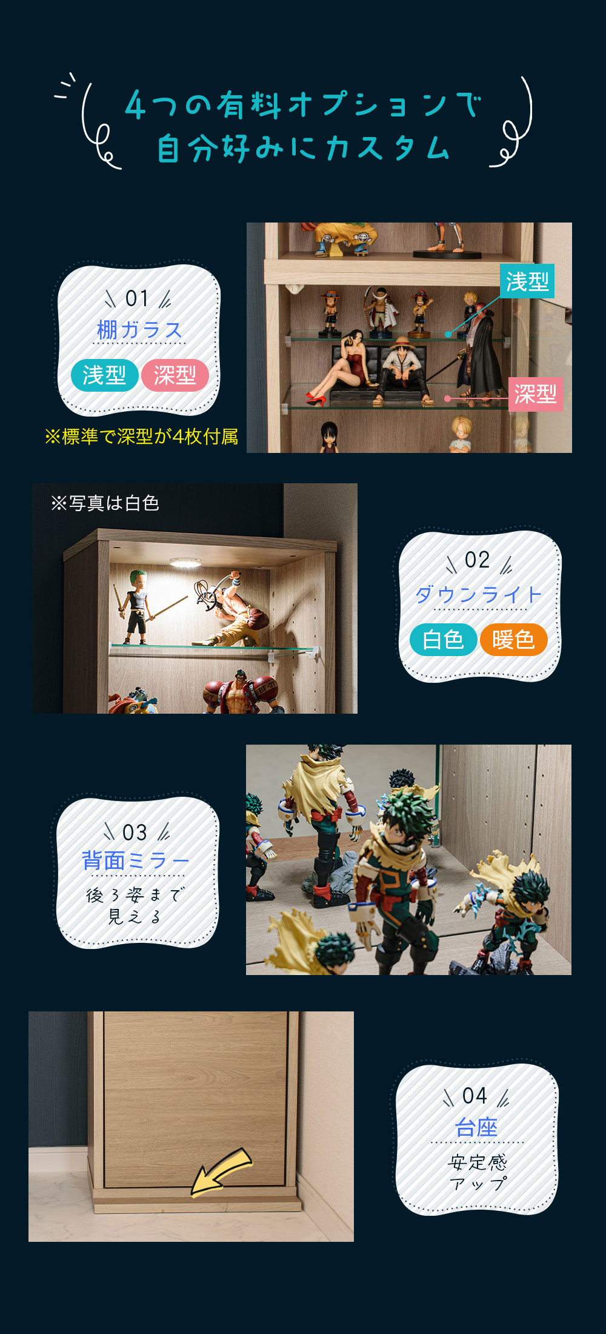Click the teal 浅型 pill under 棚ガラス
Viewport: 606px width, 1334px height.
[104, 375]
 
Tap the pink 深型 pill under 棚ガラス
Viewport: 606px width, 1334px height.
[175, 375]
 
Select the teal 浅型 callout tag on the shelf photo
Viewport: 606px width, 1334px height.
[527, 281]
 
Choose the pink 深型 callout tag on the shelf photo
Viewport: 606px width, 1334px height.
[536, 395]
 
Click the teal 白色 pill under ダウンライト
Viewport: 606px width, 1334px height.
[443, 640]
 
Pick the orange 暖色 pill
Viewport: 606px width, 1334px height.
[513, 640]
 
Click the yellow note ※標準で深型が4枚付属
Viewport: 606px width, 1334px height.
[141, 437]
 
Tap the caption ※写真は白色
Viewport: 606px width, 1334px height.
[105, 503]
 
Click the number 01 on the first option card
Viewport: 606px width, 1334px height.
[137, 298]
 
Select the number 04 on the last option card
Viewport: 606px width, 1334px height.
[474, 1096]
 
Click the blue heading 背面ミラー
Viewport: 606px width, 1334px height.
[136, 860]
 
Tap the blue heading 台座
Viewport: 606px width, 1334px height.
[476, 1128]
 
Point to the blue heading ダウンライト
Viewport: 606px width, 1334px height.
[478, 594]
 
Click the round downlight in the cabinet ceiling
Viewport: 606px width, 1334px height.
[185, 563]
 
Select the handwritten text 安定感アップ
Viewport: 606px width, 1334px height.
[478, 1173]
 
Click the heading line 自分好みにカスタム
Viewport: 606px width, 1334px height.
[303, 148]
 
